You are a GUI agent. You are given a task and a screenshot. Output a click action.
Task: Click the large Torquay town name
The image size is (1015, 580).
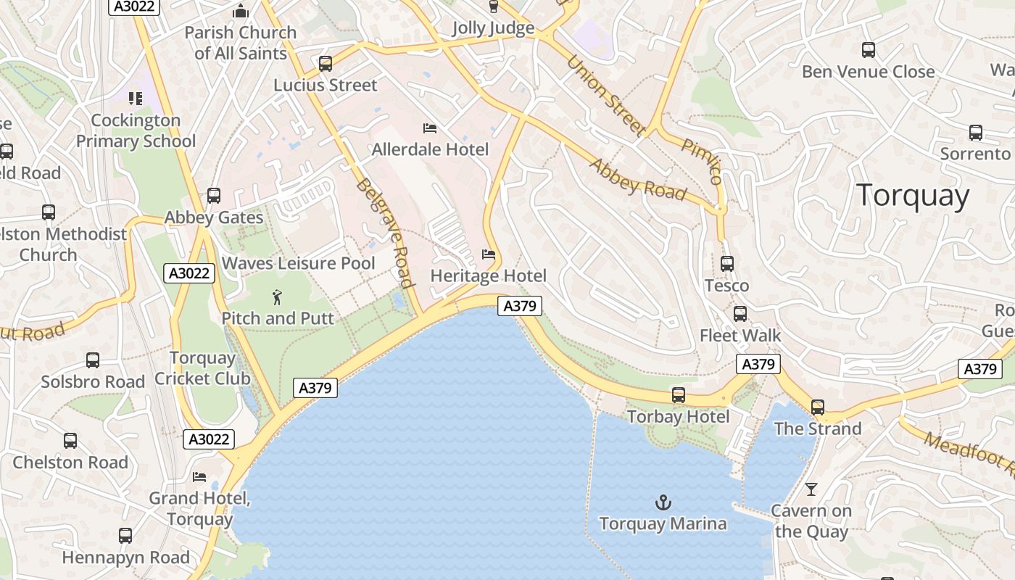tap(912, 196)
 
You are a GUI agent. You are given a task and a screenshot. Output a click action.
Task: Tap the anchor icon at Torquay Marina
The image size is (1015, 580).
tap(663, 502)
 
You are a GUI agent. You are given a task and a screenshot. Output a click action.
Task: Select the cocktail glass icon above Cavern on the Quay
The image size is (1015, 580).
tap(811, 489)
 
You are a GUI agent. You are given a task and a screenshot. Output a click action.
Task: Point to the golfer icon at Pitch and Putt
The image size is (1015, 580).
tap(276, 297)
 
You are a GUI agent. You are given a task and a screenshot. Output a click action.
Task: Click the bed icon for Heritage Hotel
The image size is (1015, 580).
tap(489, 254)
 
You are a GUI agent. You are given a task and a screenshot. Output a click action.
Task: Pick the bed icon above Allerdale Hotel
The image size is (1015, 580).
tap(430, 128)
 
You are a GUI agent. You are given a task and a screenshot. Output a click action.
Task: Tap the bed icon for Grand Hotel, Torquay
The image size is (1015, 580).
tap(199, 476)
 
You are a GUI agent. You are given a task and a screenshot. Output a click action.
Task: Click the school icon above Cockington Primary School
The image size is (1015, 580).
tap(136, 97)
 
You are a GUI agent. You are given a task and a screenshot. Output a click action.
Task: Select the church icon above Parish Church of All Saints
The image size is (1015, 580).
tap(240, 11)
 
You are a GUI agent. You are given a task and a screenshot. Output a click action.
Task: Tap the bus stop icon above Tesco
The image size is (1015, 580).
tap(727, 264)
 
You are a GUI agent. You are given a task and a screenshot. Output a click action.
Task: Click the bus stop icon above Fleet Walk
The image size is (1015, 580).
tap(740, 314)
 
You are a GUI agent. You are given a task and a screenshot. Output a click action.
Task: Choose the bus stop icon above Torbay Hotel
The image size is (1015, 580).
tap(679, 395)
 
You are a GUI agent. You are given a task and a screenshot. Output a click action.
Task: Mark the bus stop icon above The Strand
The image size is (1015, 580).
tap(818, 407)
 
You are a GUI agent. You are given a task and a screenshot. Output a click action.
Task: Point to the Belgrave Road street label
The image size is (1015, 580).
tap(384, 233)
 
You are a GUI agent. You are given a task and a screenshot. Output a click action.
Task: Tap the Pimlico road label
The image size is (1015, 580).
tap(702, 159)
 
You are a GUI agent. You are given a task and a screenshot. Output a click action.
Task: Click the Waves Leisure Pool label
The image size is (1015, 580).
tap(298, 263)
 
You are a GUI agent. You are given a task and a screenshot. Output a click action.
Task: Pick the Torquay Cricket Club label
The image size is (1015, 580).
tap(202, 368)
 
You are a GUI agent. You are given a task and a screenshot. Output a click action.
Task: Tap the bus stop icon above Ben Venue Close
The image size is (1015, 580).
tap(869, 50)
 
